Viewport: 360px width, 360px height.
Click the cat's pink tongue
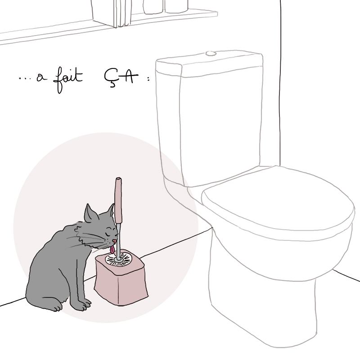[x=112, y=249]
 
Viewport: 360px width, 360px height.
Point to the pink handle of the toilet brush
[x=118, y=200]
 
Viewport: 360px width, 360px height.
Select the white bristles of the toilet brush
[x=119, y=259]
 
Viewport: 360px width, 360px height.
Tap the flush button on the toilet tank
[x=211, y=54]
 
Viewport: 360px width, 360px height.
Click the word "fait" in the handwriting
[x=68, y=79]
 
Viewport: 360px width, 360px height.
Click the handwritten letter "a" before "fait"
[x=41, y=78]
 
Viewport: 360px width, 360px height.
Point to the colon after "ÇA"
[x=148, y=78]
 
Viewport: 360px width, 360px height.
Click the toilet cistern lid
[x=209, y=63]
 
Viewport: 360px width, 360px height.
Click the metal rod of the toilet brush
[x=118, y=241]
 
